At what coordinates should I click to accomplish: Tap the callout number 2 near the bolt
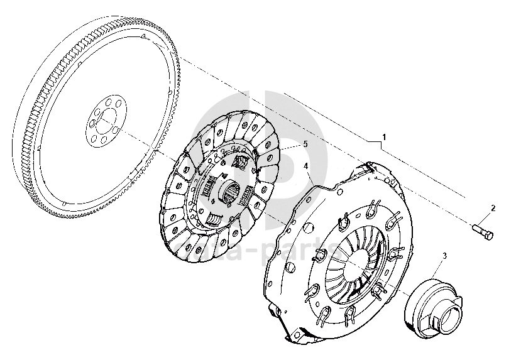click(x=493, y=208)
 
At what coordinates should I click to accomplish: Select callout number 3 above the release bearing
click(x=444, y=256)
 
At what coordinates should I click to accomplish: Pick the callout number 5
click(x=305, y=143)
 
